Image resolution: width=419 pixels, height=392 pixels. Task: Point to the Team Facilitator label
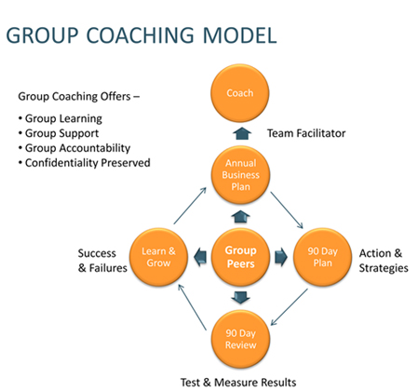[305, 133]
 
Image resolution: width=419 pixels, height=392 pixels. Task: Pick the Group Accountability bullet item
[79, 148]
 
